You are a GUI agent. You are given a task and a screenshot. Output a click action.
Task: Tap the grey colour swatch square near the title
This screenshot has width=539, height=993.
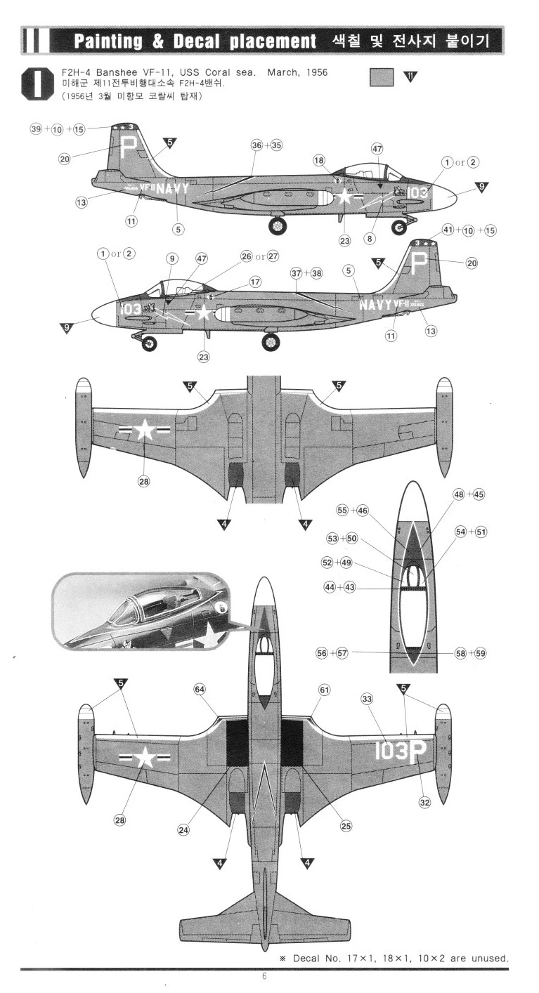click(x=381, y=76)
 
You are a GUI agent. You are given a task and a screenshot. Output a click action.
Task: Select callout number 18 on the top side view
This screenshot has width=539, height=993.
click(x=320, y=161)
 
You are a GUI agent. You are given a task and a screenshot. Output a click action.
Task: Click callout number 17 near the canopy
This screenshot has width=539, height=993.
click(x=255, y=282)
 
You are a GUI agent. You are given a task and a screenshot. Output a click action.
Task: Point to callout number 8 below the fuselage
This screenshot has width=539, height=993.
click(x=370, y=239)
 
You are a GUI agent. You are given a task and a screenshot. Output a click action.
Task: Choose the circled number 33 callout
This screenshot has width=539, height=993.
click(x=367, y=699)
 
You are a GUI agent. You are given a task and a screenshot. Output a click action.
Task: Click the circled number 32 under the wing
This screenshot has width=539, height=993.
click(x=424, y=803)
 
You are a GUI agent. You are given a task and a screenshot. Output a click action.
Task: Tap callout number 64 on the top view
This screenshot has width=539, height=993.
click(x=200, y=690)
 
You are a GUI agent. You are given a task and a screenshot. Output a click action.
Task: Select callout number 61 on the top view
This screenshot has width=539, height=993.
click(x=324, y=690)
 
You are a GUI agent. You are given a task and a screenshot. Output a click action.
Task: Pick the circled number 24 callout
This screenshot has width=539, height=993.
click(x=183, y=829)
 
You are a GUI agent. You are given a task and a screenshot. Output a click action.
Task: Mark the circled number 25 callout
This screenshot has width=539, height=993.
click(x=346, y=826)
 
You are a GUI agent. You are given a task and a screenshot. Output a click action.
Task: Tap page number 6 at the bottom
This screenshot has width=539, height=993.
click(x=264, y=976)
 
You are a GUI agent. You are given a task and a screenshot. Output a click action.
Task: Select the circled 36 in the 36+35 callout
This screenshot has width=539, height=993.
click(x=257, y=145)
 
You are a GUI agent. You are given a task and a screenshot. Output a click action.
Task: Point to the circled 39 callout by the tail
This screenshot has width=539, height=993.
click(x=35, y=129)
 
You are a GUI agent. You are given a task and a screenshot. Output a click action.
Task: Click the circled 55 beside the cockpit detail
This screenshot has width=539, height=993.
click(x=342, y=511)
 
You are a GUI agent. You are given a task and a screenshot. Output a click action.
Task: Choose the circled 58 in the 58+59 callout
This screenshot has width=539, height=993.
click(x=461, y=653)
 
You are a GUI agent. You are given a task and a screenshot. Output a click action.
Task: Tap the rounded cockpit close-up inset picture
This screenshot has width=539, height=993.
click(x=141, y=612)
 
